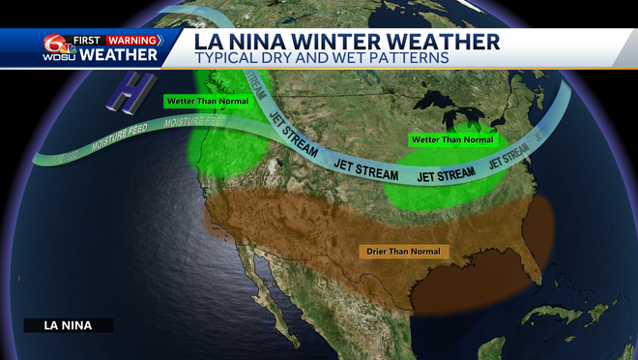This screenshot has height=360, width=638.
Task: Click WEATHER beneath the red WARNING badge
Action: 119,55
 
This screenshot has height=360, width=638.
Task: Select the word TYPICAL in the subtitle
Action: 229,59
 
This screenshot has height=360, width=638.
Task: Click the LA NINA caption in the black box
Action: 68,326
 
